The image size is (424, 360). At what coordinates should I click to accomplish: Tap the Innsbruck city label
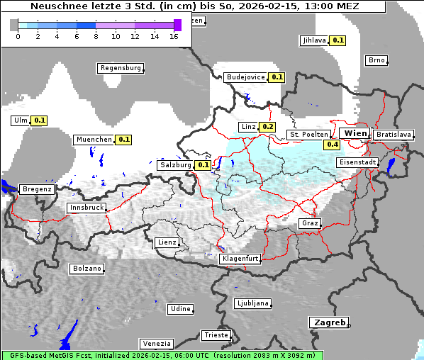coord(86,208)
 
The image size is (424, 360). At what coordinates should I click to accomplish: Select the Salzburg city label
coord(175,164)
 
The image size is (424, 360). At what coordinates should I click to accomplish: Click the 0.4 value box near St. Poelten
coord(332,145)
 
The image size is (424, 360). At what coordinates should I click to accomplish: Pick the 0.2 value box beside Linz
coord(267,127)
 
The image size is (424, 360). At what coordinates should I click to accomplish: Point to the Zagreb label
coord(328,322)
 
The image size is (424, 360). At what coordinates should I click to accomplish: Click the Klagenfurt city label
coord(240,259)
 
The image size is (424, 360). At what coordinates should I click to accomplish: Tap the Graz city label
coord(310,223)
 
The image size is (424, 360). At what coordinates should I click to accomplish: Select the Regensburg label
coord(120,68)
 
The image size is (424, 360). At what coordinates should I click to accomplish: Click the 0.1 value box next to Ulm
coord(40,120)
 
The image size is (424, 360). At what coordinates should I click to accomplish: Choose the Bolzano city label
coord(87,269)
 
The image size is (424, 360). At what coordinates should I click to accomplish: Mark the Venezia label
coord(155,343)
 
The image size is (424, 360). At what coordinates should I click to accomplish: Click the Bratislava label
coord(393,134)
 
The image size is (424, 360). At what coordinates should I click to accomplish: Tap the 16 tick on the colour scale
coord(174,35)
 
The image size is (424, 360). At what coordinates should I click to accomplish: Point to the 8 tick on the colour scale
coord(96,35)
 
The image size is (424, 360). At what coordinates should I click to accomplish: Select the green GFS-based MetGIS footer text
coord(162,355)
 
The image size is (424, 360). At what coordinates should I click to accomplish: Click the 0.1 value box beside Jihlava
coord(338,40)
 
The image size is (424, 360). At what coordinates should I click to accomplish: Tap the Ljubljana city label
coord(252,303)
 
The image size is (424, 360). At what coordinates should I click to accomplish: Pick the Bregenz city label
coord(37,189)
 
